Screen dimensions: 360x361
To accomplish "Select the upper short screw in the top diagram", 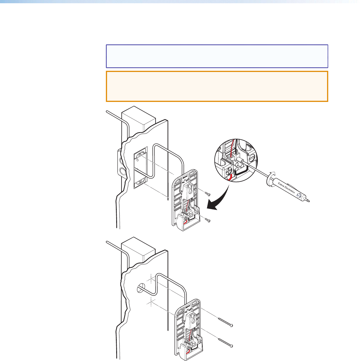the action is (208, 194).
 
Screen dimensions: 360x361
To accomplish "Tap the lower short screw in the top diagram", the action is (208, 220).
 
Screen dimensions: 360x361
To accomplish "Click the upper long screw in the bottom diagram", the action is (225, 322).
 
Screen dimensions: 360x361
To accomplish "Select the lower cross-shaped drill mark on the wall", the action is (151, 301).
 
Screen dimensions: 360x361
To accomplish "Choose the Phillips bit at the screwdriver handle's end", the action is (308, 201).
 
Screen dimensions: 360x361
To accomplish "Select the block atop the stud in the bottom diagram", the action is (138, 250).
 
